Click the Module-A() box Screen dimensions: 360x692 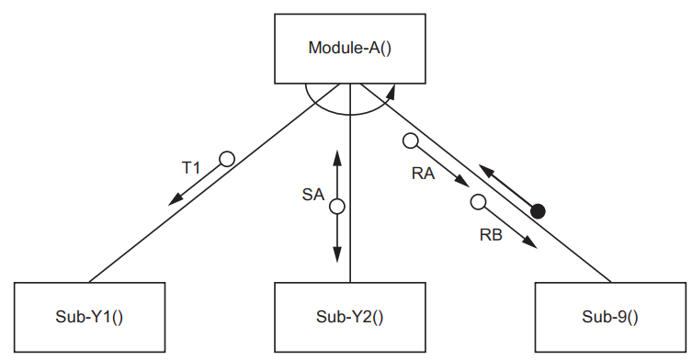(x=349, y=48)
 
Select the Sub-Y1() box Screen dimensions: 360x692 (x=90, y=317)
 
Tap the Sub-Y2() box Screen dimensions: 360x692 (x=350, y=317)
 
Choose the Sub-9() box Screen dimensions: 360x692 (x=610, y=317)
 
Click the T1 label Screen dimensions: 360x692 (x=190, y=169)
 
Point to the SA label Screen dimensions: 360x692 (x=313, y=195)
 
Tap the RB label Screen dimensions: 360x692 (x=491, y=235)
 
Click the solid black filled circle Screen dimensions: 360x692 (x=539, y=211)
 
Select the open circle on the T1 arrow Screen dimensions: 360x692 (x=226, y=159)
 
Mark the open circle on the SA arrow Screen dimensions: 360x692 (x=336, y=207)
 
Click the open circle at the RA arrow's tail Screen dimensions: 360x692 (x=409, y=141)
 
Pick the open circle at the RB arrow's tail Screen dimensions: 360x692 (x=477, y=203)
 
